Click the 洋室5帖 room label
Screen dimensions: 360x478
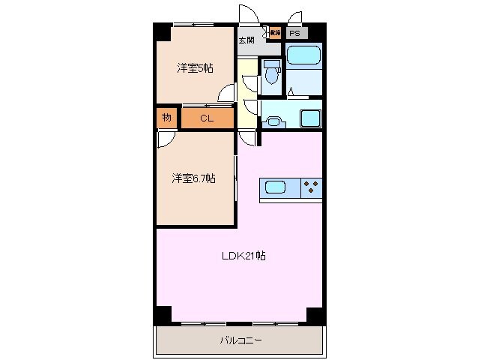pos(195,68)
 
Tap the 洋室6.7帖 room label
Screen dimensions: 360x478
pos(193,178)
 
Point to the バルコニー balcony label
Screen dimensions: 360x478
pos(240,340)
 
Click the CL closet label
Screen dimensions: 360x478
pos(206,118)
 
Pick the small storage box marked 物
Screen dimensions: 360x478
pos(166,118)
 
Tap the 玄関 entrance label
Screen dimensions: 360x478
pos(246,40)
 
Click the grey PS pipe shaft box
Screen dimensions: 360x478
pos(295,33)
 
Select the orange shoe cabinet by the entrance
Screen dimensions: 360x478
pos(275,33)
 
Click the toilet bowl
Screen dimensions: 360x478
pos(270,73)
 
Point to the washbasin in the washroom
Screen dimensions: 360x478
pos(274,121)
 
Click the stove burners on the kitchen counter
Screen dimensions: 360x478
pos(311,187)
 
